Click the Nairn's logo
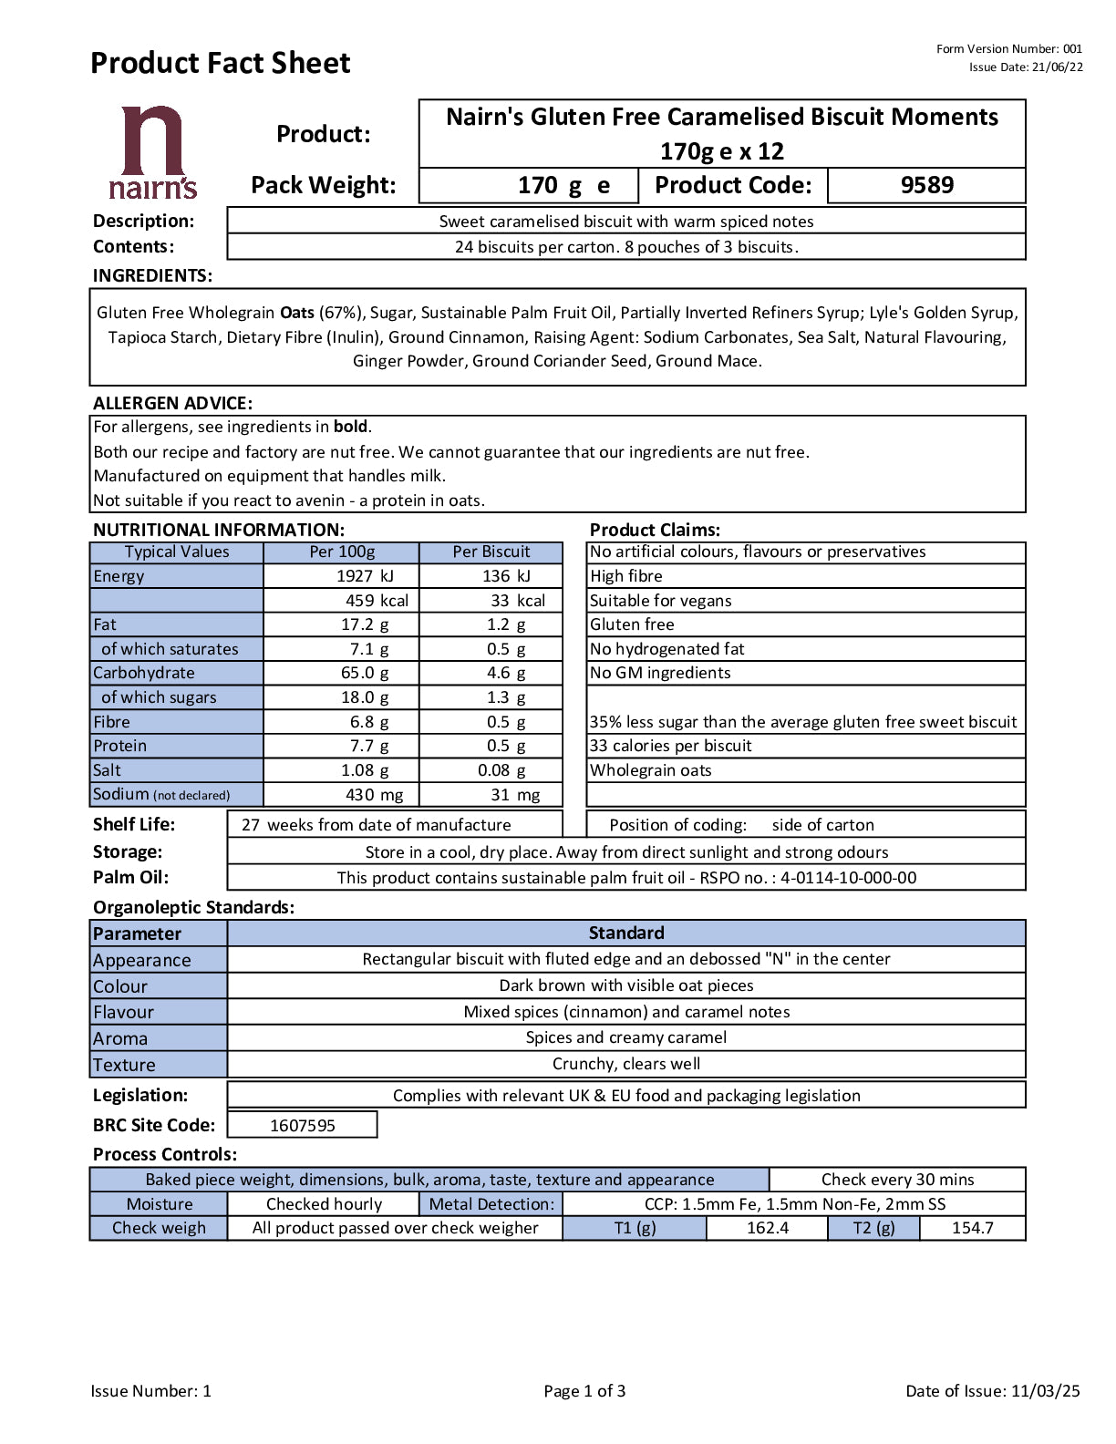click(x=152, y=152)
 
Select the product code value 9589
click(x=926, y=185)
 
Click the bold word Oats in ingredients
click(x=297, y=313)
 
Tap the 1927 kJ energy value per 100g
click(x=365, y=576)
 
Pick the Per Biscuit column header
click(x=491, y=552)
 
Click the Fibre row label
click(x=112, y=722)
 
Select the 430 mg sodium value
click(x=374, y=795)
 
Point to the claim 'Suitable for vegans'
click(x=660, y=601)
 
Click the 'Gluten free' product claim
click(x=632, y=624)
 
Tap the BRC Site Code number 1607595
click(x=303, y=1126)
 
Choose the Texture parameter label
click(x=124, y=1065)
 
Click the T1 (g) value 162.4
click(x=768, y=1228)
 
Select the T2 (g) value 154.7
click(x=972, y=1228)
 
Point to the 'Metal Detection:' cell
click(x=491, y=1204)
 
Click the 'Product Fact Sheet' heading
click(x=221, y=63)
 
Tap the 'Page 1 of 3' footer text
click(x=584, y=1391)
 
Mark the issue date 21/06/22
click(x=1058, y=67)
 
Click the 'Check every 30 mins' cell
click(x=897, y=1180)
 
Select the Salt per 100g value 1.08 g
click(x=365, y=770)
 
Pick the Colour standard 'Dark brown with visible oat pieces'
click(x=626, y=985)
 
